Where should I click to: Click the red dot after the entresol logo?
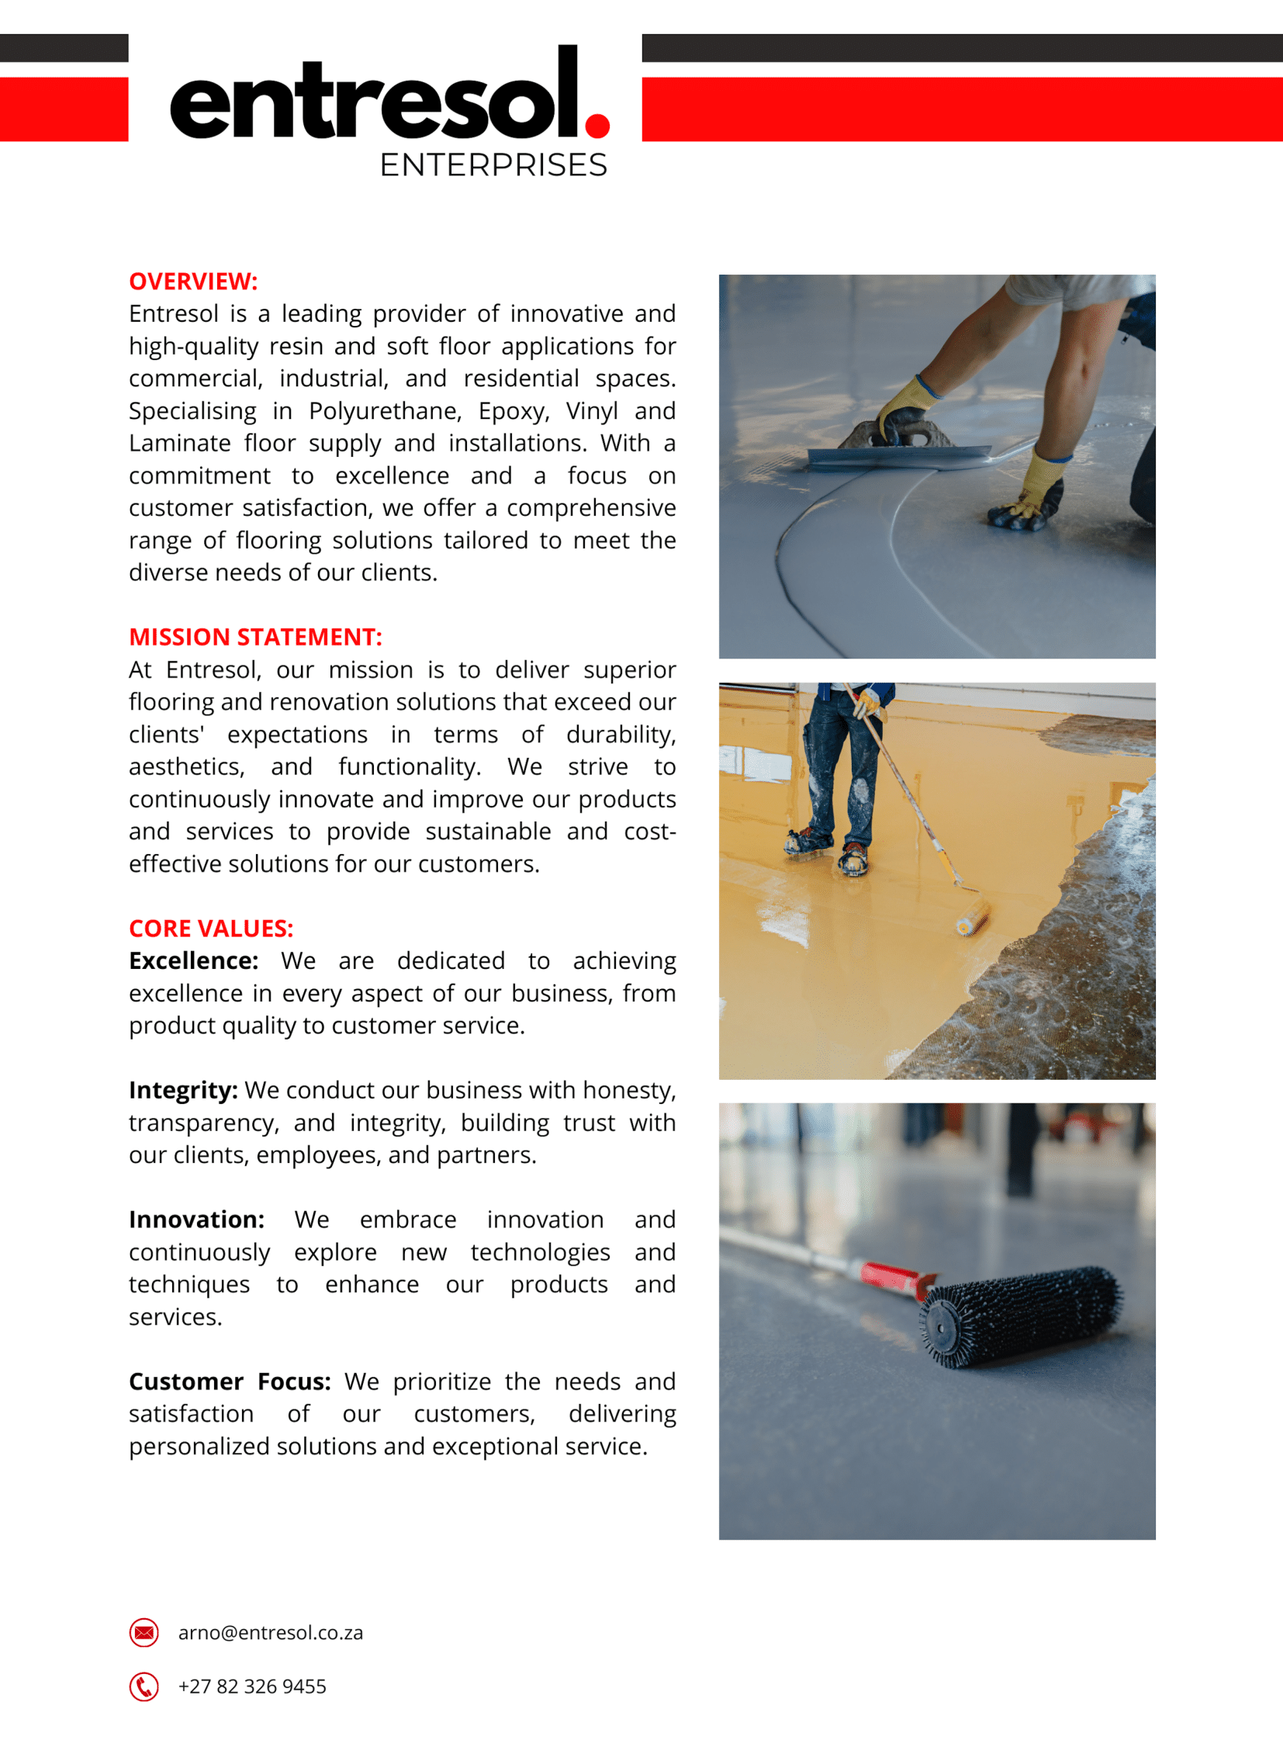(597, 125)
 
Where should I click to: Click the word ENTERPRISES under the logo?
(493, 165)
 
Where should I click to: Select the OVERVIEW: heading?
(192, 281)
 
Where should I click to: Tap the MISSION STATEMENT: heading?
(255, 637)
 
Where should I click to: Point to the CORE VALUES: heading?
(211, 929)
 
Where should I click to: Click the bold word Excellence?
(193, 961)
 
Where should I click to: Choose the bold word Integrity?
(183, 1091)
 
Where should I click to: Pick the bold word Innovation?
(196, 1219)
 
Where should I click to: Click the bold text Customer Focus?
(230, 1382)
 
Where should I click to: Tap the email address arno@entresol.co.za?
(270, 1633)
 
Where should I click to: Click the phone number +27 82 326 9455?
(251, 1686)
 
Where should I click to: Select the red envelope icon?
(144, 1633)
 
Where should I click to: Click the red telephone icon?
(144, 1686)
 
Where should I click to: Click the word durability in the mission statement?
(621, 735)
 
